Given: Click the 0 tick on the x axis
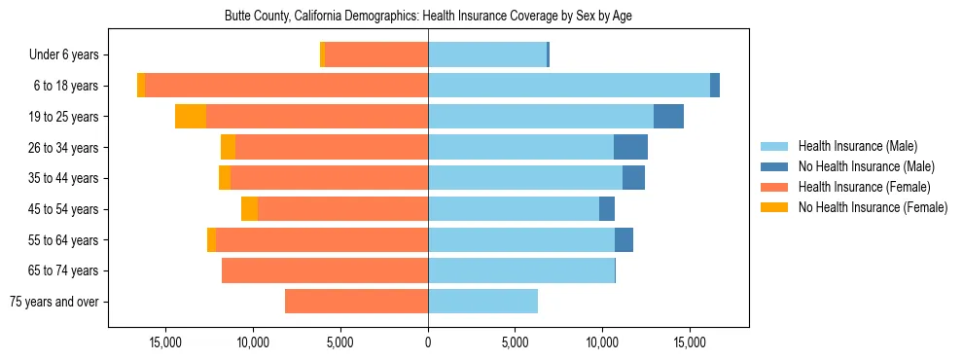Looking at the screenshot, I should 428,342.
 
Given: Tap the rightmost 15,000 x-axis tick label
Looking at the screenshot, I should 690,342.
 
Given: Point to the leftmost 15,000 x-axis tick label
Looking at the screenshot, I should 166,342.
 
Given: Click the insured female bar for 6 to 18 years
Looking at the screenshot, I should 286,86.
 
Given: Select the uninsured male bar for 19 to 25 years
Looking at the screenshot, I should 668,117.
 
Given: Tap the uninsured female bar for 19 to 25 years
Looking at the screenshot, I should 191,117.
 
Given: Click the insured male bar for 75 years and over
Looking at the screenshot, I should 482,302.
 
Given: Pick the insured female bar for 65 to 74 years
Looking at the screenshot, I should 325,270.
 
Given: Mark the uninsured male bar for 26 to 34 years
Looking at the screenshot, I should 630,148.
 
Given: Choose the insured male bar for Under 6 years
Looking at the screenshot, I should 487,55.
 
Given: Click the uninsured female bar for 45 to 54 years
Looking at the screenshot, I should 249,209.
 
